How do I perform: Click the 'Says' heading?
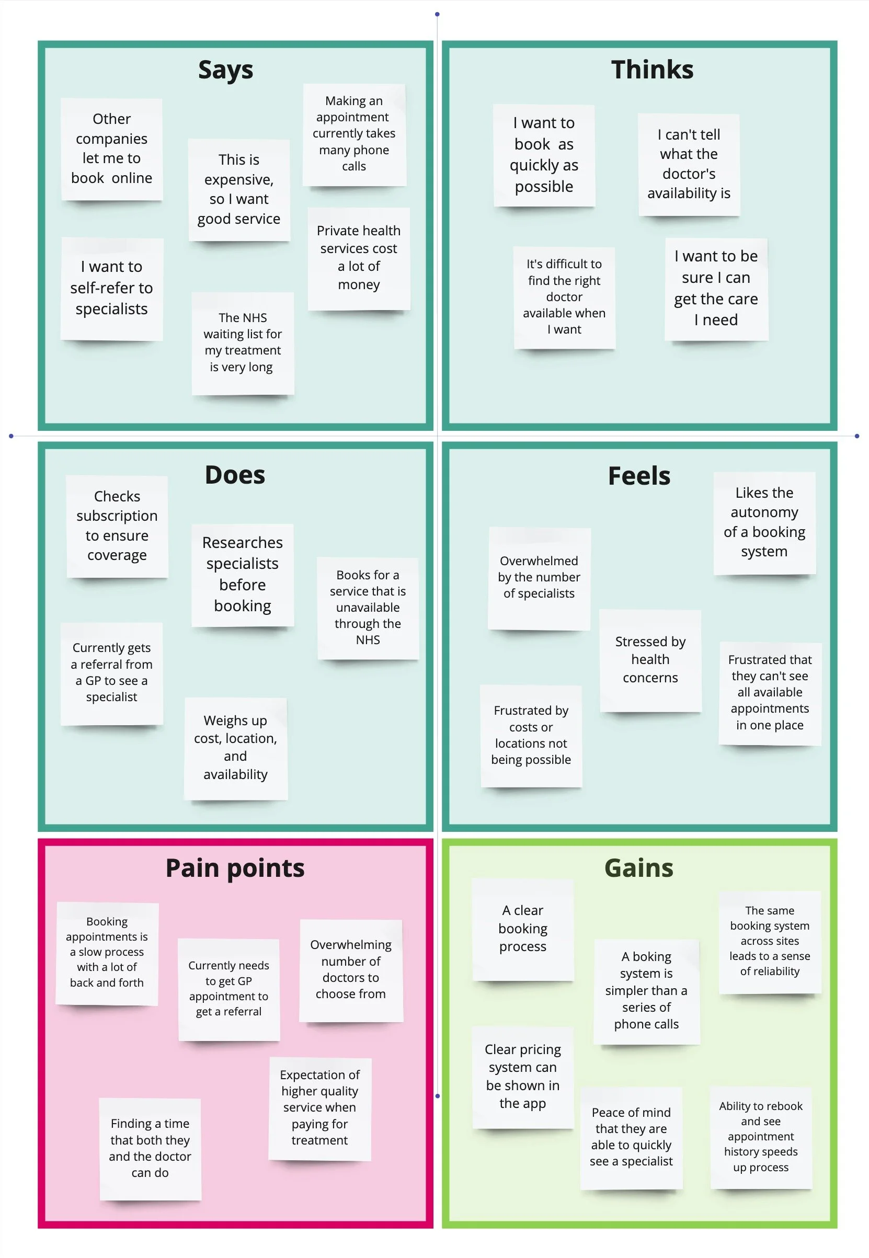point(225,70)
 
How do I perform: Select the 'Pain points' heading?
point(235,868)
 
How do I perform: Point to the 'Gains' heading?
point(639,868)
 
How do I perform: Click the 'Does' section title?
point(235,475)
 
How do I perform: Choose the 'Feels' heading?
point(639,476)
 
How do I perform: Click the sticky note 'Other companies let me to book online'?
point(111,148)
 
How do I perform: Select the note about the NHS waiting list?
point(242,342)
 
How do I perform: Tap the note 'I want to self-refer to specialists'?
point(111,288)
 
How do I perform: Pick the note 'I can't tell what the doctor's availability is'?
point(689,164)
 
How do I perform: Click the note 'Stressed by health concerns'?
point(650,660)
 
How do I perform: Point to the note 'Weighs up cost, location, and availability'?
point(235,747)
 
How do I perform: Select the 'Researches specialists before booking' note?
point(242,574)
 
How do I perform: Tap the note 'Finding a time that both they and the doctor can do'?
point(150,1148)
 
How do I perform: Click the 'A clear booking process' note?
point(523,929)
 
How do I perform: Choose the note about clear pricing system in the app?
point(523,1076)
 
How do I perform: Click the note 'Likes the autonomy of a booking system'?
point(764,522)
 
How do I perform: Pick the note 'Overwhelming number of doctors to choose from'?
point(351,969)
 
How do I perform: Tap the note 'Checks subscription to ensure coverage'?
point(117,526)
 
